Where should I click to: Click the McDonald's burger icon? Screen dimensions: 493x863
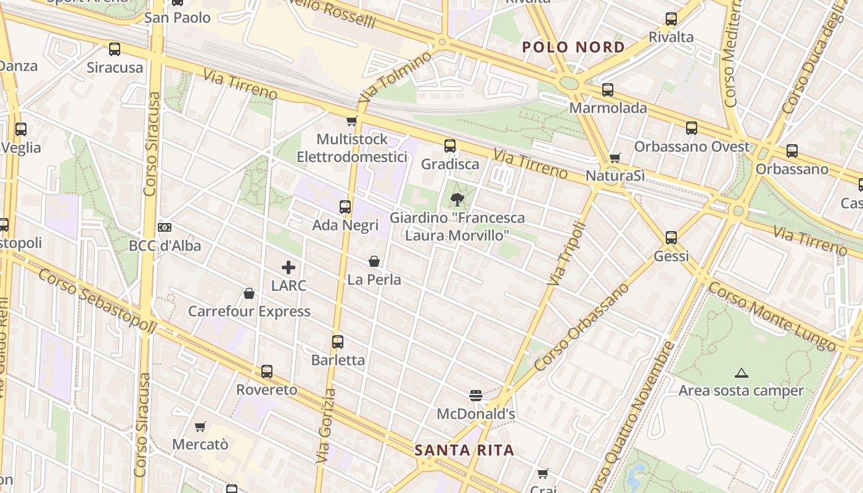point(475,395)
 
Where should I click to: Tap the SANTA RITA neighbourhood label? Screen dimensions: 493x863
point(464,450)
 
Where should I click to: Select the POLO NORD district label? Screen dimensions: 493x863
point(573,47)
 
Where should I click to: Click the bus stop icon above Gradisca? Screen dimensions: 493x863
point(450,146)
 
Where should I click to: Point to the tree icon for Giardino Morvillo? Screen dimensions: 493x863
point(457,199)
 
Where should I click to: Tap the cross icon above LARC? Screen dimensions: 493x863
point(288,267)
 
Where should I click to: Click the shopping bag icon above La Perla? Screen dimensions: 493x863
point(374,261)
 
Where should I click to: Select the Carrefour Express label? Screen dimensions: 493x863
point(249,311)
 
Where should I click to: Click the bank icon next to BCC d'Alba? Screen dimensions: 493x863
point(165,227)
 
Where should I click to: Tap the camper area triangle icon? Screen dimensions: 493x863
point(741,373)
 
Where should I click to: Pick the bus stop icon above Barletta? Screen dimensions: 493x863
point(338,342)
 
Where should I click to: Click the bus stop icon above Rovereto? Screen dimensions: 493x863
point(266,372)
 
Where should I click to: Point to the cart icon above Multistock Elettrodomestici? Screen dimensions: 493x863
point(351,121)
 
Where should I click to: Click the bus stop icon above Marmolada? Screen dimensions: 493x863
point(608,90)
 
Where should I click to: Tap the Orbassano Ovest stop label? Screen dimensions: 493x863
point(692,147)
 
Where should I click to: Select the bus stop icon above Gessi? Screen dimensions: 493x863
point(671,238)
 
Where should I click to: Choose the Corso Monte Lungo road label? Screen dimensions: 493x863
point(771,317)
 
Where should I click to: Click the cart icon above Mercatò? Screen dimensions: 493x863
point(200,426)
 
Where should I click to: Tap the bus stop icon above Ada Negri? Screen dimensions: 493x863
point(345,207)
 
